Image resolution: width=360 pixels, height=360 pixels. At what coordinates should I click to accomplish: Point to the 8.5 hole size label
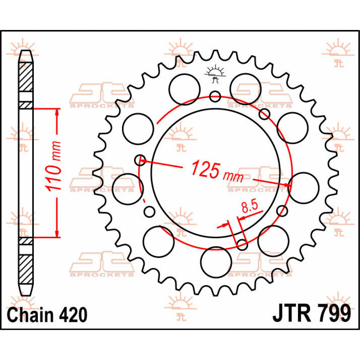click(250, 207)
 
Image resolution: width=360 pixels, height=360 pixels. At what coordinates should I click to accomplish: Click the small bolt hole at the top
click(215, 96)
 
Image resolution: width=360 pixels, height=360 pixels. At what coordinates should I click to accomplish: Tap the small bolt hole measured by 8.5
click(242, 245)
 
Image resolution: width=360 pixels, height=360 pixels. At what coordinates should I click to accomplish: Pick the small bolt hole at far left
click(140, 160)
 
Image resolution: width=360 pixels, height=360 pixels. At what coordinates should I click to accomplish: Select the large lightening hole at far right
click(304, 188)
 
